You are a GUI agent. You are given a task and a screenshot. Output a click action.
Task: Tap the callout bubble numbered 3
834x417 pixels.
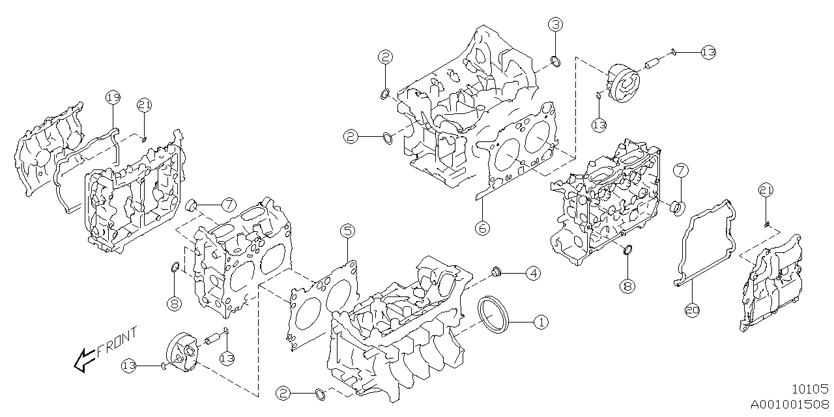pyautogui.click(x=554, y=25)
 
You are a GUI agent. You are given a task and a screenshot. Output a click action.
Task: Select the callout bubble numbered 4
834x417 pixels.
pyautogui.click(x=533, y=273)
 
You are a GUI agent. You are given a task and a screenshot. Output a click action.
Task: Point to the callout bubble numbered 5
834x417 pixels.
pyautogui.click(x=347, y=231)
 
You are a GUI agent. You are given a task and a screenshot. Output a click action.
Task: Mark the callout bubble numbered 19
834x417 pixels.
pyautogui.click(x=113, y=98)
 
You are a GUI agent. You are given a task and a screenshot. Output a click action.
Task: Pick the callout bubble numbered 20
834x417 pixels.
pyautogui.click(x=692, y=311)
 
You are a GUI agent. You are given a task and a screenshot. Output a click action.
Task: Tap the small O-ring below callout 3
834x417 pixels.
pyautogui.click(x=556, y=62)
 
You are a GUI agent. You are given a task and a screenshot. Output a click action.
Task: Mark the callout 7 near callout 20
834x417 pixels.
pyautogui.click(x=680, y=171)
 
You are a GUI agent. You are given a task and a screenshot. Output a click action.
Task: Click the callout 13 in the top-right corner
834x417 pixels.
pyautogui.click(x=708, y=51)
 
